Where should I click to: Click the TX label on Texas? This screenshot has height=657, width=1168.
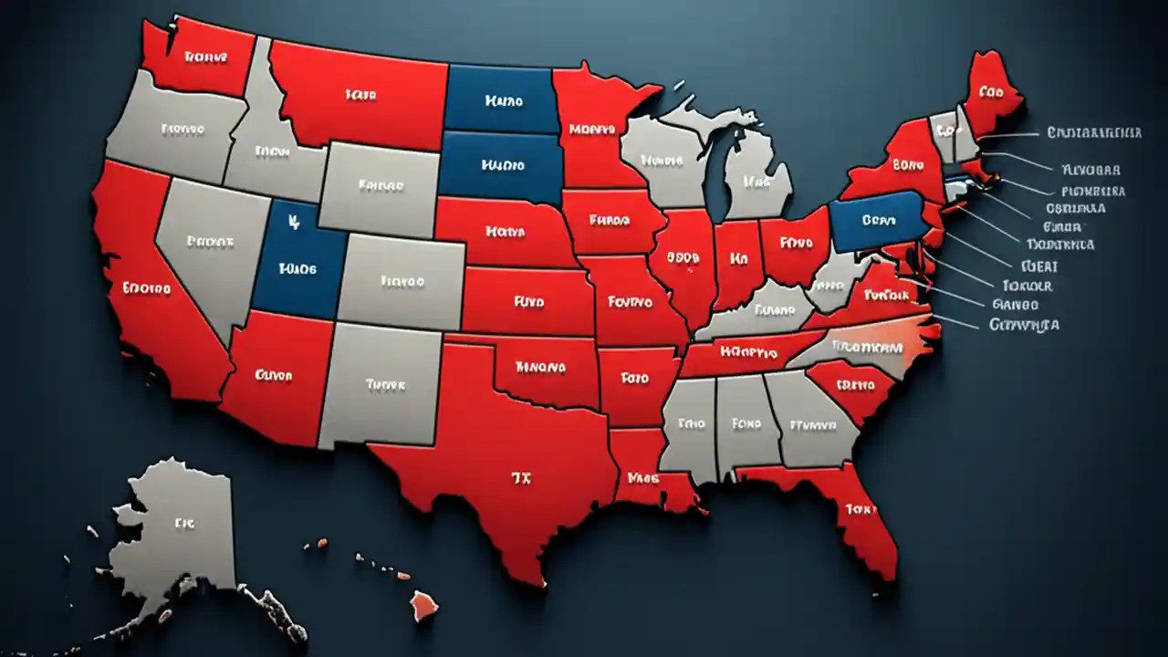pyautogui.click(x=521, y=475)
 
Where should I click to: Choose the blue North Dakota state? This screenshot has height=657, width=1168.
pyautogui.click(x=502, y=100)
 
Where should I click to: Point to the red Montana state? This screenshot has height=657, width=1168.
pyautogui.click(x=360, y=91)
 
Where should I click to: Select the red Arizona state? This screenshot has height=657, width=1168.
pyautogui.click(x=274, y=374)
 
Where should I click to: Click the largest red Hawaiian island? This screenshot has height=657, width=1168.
pyautogui.click(x=423, y=603)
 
